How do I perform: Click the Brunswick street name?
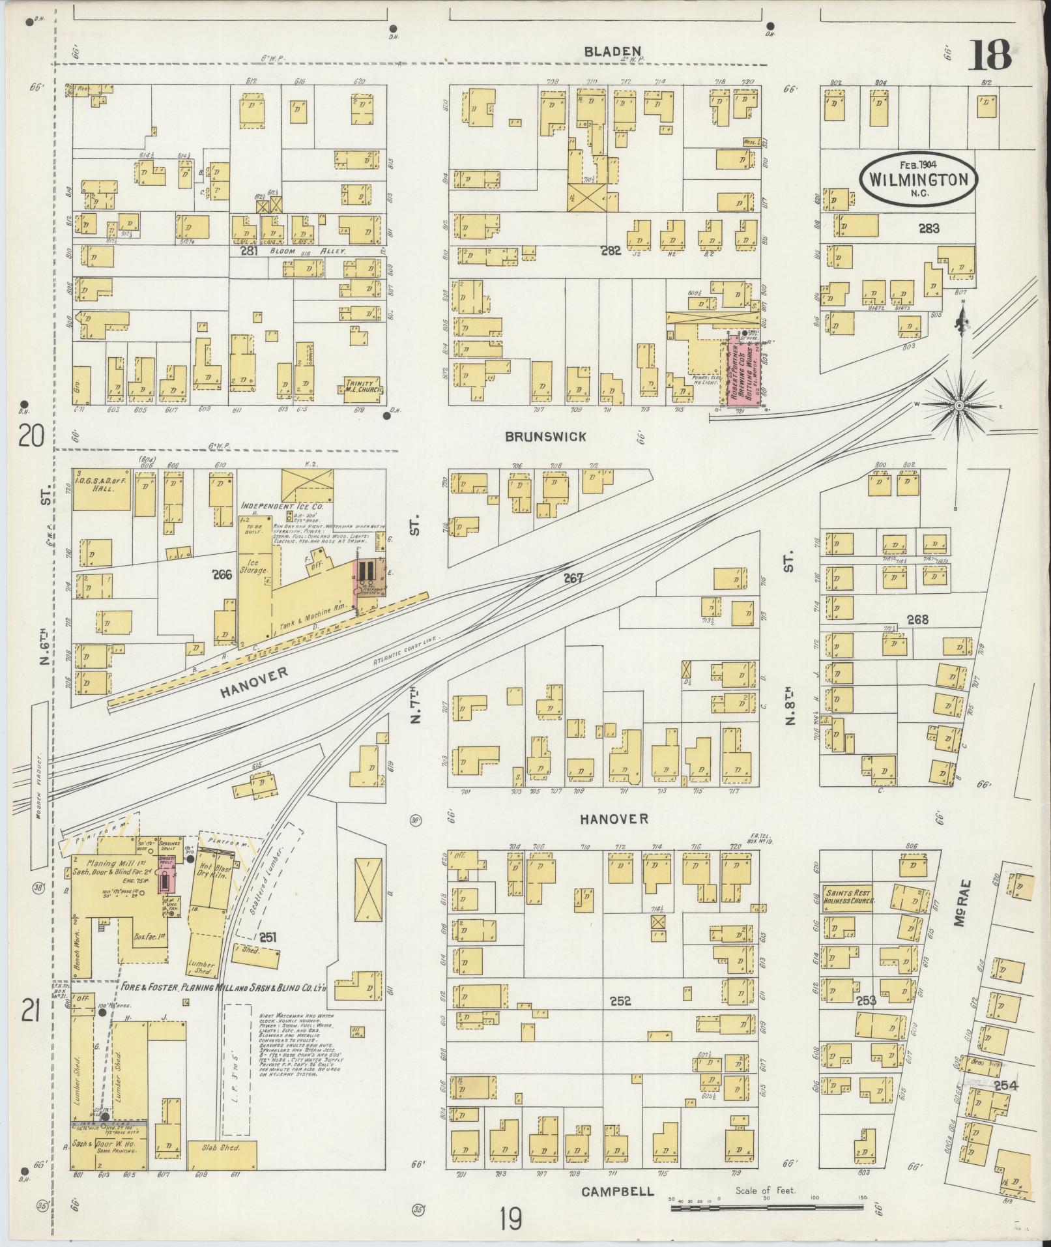(545, 437)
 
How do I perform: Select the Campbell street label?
(617, 1192)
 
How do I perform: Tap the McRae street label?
(966, 900)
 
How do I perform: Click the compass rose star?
(958, 405)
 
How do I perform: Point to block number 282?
(611, 250)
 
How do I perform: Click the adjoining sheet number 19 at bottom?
(511, 1218)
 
